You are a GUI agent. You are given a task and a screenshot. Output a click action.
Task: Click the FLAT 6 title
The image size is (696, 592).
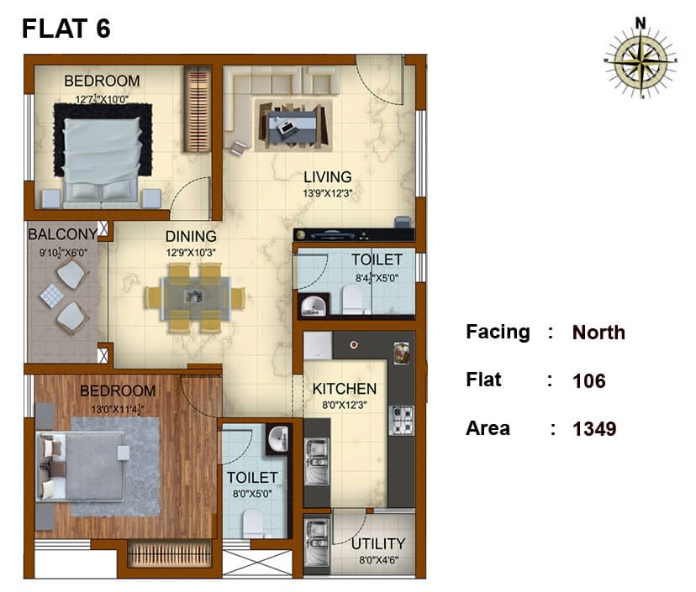(x=66, y=29)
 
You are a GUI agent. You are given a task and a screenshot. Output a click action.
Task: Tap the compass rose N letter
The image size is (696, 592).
(x=640, y=23)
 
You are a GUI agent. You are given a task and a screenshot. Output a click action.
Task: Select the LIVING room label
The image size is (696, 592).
(x=328, y=177)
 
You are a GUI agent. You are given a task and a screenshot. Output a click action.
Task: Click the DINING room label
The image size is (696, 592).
(x=191, y=236)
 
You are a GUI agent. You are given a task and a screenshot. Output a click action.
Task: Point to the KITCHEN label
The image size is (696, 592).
(x=345, y=389)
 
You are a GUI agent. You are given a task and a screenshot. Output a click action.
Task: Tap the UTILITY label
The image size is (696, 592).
(x=378, y=543)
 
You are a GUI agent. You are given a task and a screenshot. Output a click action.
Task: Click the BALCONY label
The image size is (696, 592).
(x=62, y=234)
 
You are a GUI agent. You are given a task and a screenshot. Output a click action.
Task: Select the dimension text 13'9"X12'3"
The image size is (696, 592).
(x=328, y=193)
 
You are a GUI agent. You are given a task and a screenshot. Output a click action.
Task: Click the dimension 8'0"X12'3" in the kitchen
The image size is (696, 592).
(x=345, y=405)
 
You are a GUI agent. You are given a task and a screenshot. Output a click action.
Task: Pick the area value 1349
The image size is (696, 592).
(x=594, y=429)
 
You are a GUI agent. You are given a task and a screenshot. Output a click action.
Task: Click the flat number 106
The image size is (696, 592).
(x=589, y=381)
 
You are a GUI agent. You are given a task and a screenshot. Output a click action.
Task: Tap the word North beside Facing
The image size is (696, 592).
(x=598, y=333)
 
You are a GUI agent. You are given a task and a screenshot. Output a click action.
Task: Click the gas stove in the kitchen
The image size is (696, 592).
(x=402, y=420)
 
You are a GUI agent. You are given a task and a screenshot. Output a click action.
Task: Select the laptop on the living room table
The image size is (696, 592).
(x=286, y=127)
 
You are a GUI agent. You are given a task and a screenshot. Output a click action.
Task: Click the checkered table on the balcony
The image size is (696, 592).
(x=51, y=296)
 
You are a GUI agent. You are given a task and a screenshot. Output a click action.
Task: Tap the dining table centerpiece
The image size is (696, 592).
(x=192, y=296)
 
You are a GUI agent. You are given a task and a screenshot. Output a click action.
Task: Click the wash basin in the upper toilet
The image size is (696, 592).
(x=314, y=306)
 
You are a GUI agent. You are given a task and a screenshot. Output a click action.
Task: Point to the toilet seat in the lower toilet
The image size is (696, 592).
(x=254, y=524)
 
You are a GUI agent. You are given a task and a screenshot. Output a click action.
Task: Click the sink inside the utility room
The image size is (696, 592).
(x=317, y=543)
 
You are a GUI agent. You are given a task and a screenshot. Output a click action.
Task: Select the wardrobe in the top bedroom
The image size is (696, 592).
(x=198, y=109)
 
